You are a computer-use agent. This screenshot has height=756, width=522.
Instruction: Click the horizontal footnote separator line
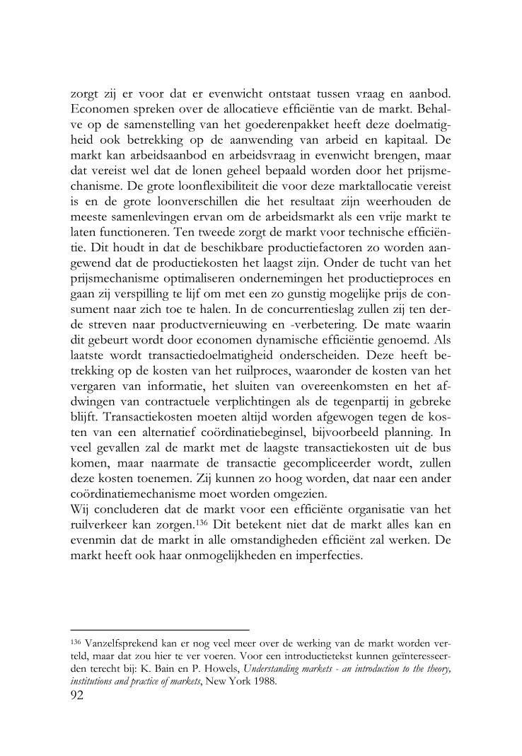161,629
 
